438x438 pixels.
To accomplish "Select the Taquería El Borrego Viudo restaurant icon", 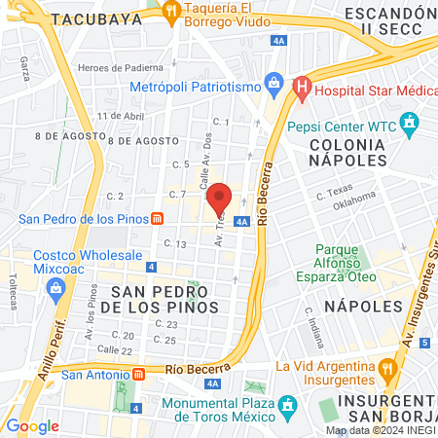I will [171, 12].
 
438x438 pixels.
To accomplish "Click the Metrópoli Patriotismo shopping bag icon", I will [273, 85].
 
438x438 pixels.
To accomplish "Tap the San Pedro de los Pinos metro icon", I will [157, 218].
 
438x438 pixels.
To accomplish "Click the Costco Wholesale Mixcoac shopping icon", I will [55, 288].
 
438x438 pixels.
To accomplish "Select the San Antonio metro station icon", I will [138, 373].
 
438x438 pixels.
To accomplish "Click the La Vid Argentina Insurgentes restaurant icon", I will [387, 367].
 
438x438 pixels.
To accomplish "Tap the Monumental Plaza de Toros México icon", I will [287, 404].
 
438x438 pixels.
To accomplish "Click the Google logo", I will [32, 426].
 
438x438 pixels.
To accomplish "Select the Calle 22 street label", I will [114, 349].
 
